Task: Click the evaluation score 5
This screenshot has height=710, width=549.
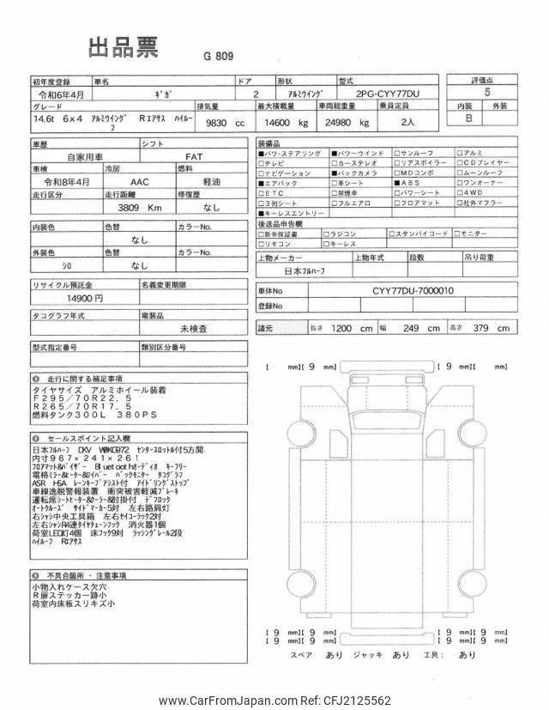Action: pos(489,90)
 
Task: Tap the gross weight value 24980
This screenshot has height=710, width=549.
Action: pos(337,123)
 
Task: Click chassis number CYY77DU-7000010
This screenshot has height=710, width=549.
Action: pos(413,290)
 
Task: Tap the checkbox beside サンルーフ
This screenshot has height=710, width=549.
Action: pos(396,152)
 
